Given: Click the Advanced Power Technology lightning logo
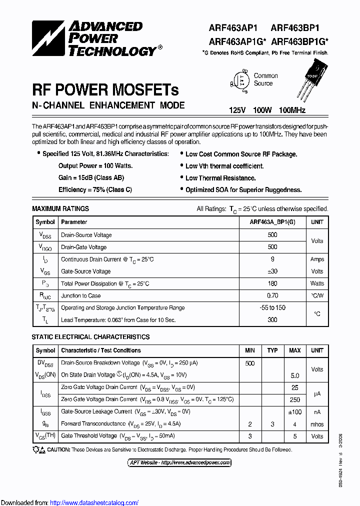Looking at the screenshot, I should click(x=49, y=38).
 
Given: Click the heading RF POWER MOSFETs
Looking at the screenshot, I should click(x=105, y=89).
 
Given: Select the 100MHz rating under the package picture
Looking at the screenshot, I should click(x=292, y=110).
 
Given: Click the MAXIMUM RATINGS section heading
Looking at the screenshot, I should click(x=60, y=208).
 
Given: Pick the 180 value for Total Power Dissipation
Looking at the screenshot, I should click(x=272, y=283).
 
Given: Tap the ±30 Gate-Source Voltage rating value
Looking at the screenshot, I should click(x=272, y=271).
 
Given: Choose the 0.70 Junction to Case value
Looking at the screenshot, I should click(x=272, y=295).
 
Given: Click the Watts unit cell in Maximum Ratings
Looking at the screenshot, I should click(x=317, y=283).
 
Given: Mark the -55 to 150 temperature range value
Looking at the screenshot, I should click(x=272, y=307).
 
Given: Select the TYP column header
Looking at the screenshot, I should click(x=272, y=350).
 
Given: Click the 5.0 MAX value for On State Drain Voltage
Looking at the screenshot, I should click(x=294, y=375).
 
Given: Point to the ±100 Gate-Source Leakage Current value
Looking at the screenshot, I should click(x=294, y=411).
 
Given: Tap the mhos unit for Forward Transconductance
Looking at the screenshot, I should click(x=317, y=424).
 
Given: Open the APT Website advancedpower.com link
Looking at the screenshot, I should click(x=179, y=462).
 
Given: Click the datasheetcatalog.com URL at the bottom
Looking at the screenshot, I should click(x=94, y=502).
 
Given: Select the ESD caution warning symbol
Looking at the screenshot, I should click(x=39, y=449).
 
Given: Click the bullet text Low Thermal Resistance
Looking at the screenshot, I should click(x=220, y=178).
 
